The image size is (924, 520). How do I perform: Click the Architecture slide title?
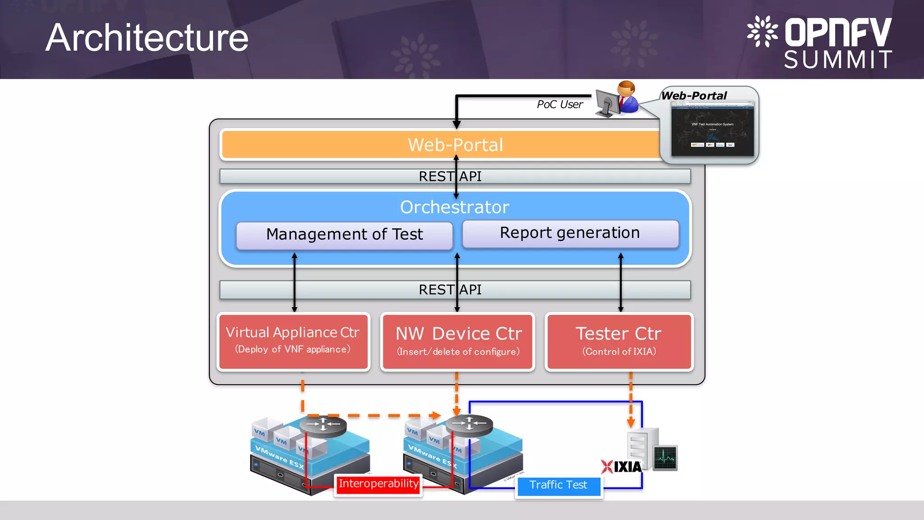pyautogui.click(x=147, y=38)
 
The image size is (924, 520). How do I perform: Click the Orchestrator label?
pyautogui.click(x=454, y=207)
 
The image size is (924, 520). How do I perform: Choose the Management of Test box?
pyautogui.click(x=344, y=235)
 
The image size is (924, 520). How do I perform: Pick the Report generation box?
pyautogui.click(x=570, y=233)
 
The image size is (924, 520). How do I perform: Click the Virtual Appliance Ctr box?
pyautogui.click(x=293, y=342)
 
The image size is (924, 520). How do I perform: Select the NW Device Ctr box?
pyautogui.click(x=458, y=342)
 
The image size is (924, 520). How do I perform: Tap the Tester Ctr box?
pyautogui.click(x=619, y=342)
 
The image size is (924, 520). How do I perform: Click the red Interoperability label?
pyautogui.click(x=378, y=484)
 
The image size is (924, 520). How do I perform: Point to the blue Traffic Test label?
pyautogui.click(x=558, y=485)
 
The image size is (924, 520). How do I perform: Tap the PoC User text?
pyautogui.click(x=559, y=105)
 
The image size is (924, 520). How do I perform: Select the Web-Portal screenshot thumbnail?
pyautogui.click(x=712, y=129)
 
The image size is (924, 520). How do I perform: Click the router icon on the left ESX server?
pyautogui.click(x=323, y=425)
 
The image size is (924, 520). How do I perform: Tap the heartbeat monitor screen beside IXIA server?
pyautogui.click(x=665, y=458)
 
